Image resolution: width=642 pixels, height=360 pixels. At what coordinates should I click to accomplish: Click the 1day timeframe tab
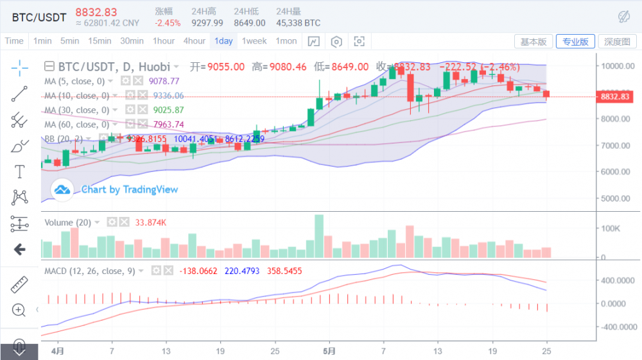pos(223,41)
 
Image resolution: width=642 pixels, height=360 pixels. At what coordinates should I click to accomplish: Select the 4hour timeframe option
pos(194,41)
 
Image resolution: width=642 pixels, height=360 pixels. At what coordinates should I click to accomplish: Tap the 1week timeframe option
pos(254,41)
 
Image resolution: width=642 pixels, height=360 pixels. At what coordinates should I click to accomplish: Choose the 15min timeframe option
pos(100,41)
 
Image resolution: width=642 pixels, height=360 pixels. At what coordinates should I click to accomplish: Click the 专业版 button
pos(575,42)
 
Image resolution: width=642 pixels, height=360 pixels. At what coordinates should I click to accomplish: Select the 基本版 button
pos(534,42)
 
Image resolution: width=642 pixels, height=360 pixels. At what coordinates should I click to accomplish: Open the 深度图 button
pos(617,42)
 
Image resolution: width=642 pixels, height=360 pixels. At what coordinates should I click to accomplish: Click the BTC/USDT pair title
pos(39,17)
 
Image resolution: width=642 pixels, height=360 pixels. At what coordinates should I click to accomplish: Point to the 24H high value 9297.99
pos(207,23)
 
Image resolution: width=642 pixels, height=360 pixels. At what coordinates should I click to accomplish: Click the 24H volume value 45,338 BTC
pos(298,23)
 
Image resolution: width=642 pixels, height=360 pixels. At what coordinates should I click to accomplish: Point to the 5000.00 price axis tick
pos(617,198)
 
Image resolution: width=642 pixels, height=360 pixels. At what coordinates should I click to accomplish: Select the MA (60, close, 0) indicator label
pos(74,124)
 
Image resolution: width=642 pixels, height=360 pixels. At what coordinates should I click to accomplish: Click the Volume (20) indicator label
pos(67,223)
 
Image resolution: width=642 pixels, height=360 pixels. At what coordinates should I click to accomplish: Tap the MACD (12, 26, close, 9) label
pos(89,271)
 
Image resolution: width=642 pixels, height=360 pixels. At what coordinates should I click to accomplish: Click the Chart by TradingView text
pos(130,189)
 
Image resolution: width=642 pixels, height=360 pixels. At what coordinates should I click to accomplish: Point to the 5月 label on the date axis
pos(329,352)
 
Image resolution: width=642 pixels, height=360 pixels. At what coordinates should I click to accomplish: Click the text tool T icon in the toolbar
pos(19,171)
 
